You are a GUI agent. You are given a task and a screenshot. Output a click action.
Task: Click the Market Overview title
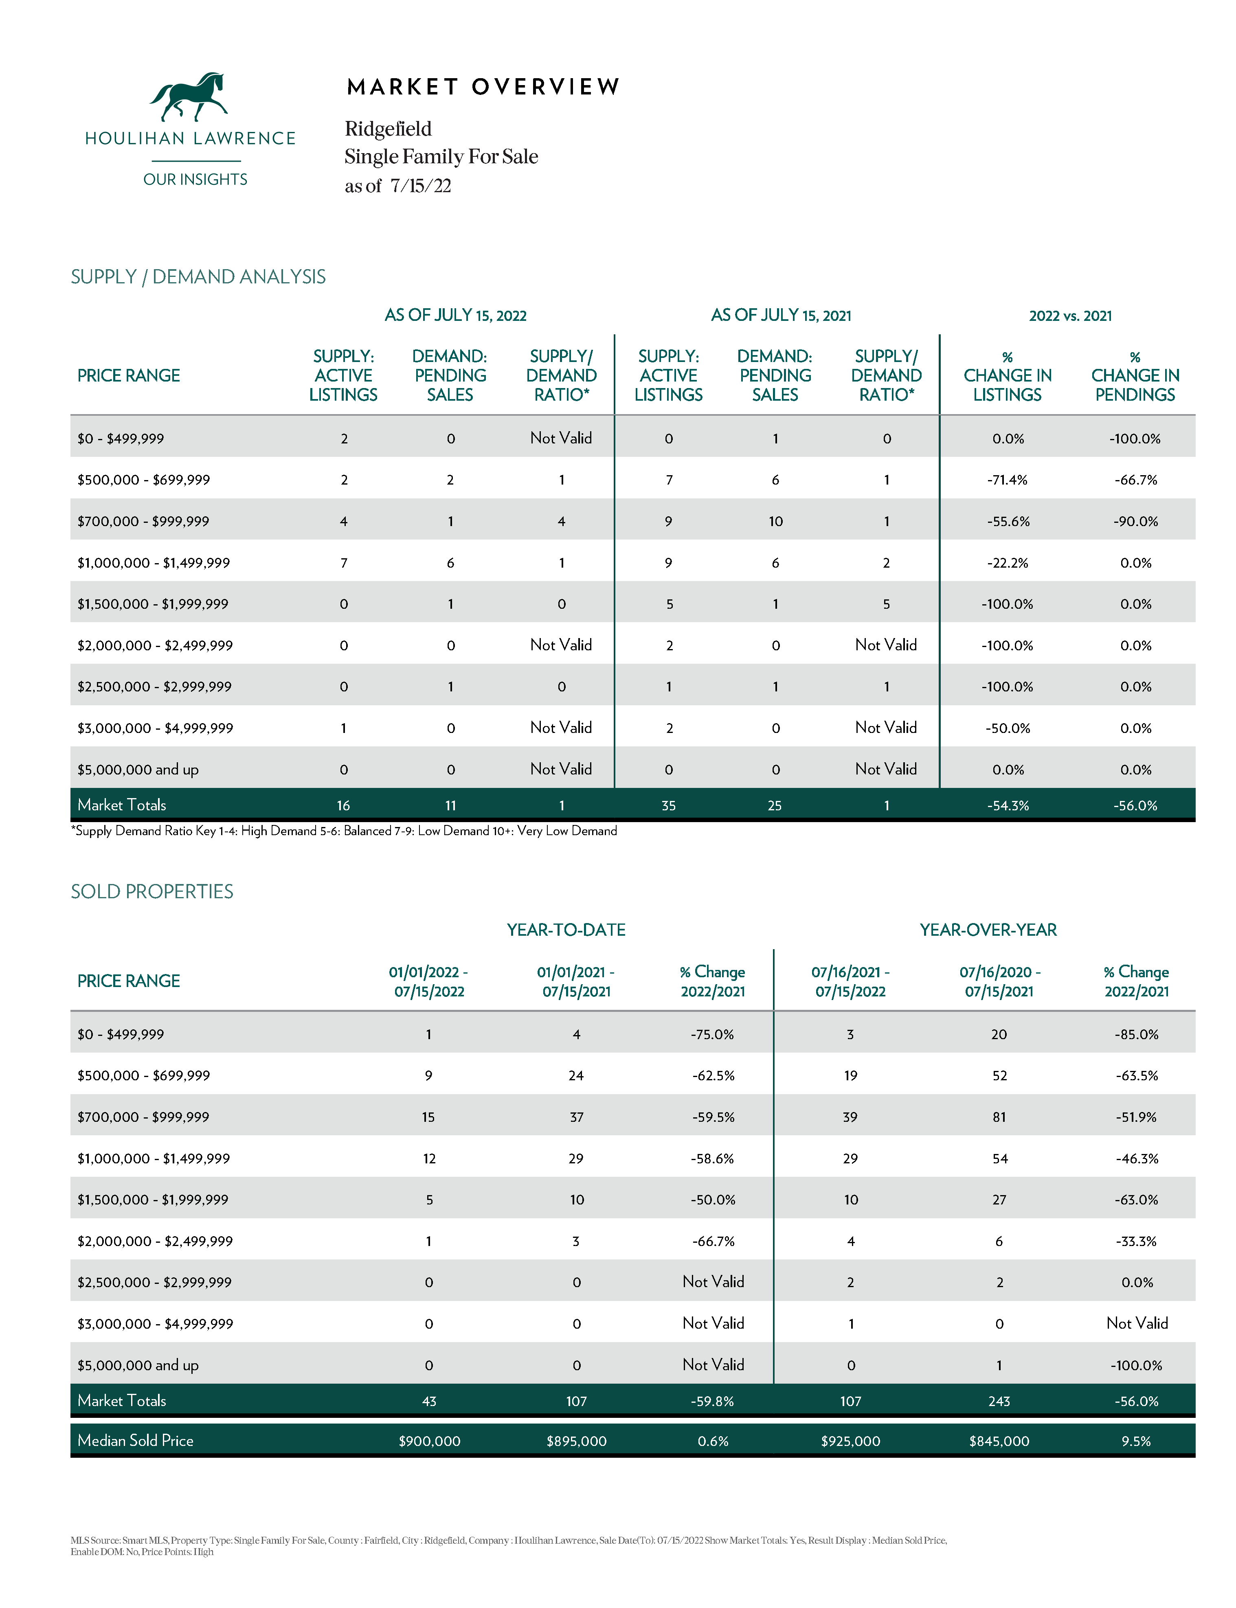[x=483, y=87]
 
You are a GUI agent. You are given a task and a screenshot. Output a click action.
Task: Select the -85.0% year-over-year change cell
[x=1136, y=1034]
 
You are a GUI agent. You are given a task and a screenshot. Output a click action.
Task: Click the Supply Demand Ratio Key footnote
[x=344, y=831]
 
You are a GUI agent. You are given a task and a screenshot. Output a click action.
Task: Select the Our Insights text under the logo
[x=195, y=180]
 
